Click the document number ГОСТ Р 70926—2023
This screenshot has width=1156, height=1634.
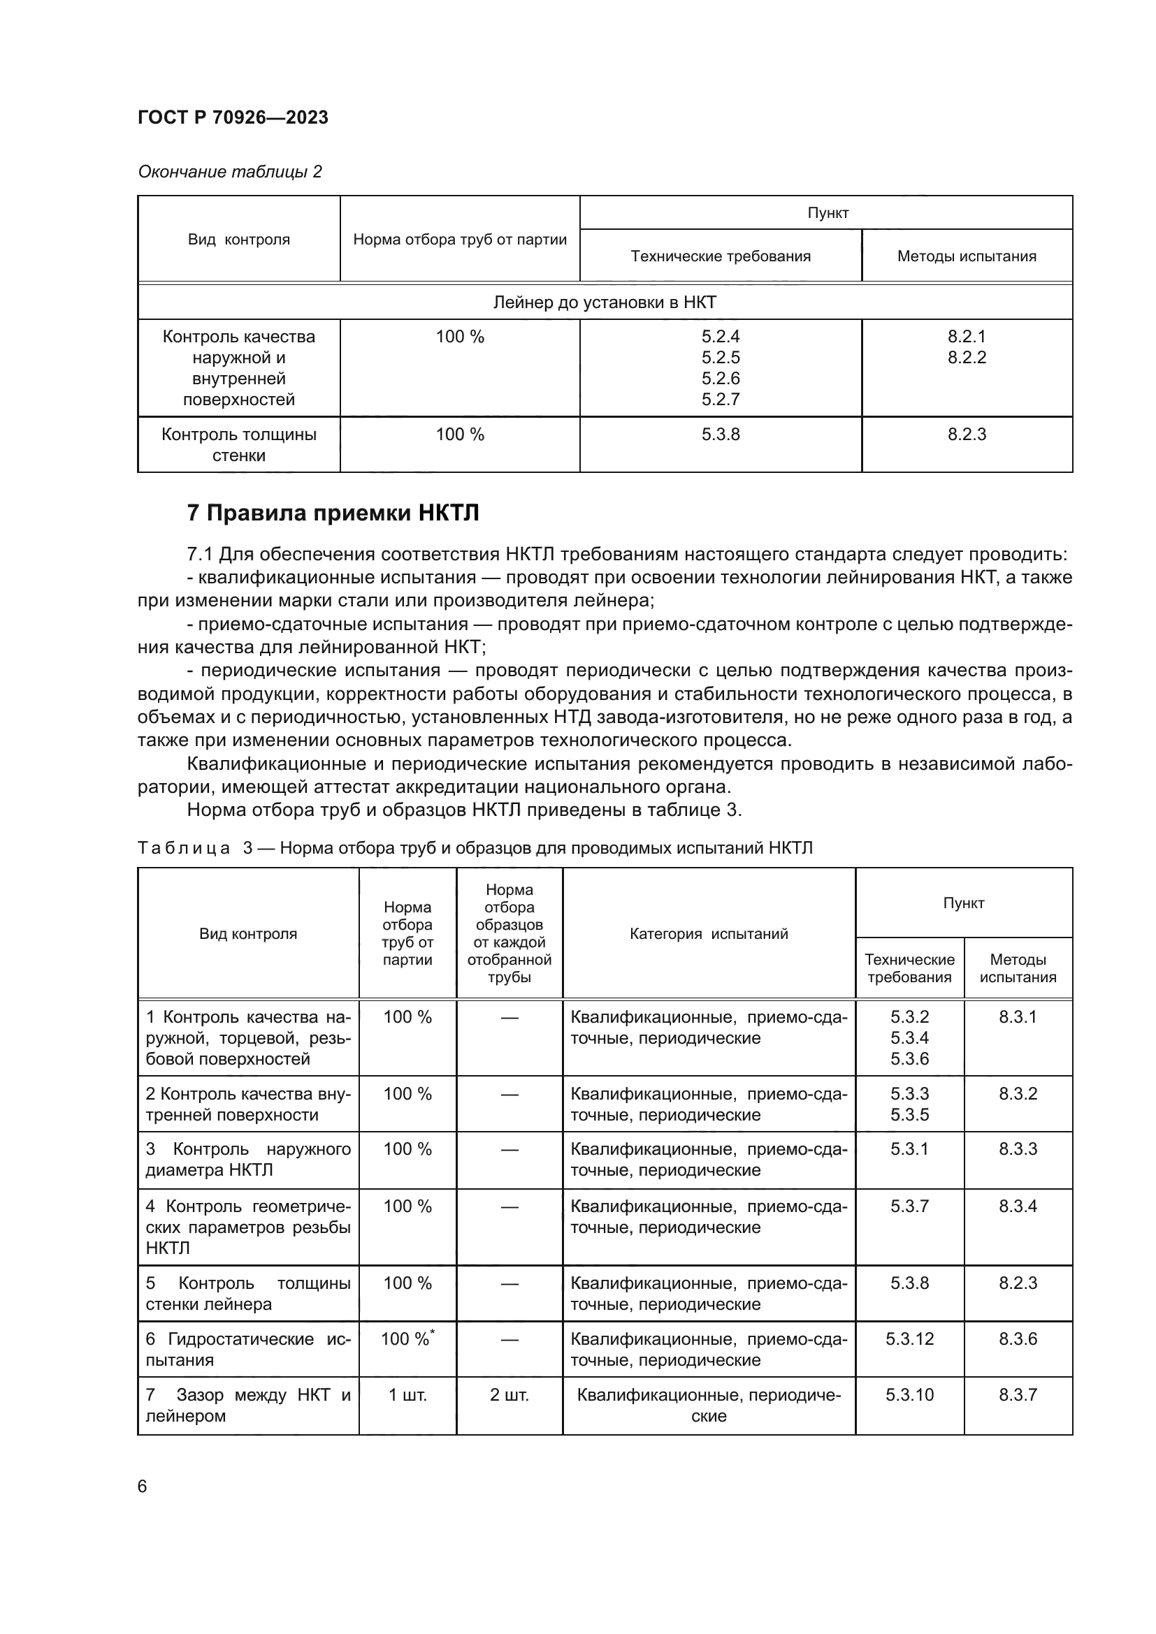(x=233, y=117)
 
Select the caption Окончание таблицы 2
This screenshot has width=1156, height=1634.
(x=229, y=172)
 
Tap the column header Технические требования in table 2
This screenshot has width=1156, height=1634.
(x=721, y=256)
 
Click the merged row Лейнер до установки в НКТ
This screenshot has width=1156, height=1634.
(x=605, y=302)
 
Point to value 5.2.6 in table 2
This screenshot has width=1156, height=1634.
(x=721, y=378)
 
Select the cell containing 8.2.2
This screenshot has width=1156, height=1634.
(x=966, y=357)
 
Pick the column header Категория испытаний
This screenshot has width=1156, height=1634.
(x=708, y=934)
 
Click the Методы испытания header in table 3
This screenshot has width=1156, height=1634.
(x=1017, y=968)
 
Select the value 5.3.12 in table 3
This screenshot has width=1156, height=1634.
(x=909, y=1338)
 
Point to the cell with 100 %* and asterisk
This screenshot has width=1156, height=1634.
(x=407, y=1338)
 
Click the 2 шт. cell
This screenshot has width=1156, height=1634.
(x=509, y=1394)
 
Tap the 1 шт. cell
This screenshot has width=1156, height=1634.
(x=407, y=1394)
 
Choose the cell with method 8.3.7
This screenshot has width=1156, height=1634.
(x=1017, y=1394)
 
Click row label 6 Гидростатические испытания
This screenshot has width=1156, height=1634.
(x=247, y=1348)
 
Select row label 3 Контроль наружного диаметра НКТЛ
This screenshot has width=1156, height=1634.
(x=247, y=1160)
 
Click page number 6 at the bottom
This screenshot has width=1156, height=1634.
(x=143, y=1486)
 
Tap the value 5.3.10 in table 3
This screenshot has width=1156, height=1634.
(x=909, y=1394)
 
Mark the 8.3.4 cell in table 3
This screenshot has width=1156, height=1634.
(x=1017, y=1206)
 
